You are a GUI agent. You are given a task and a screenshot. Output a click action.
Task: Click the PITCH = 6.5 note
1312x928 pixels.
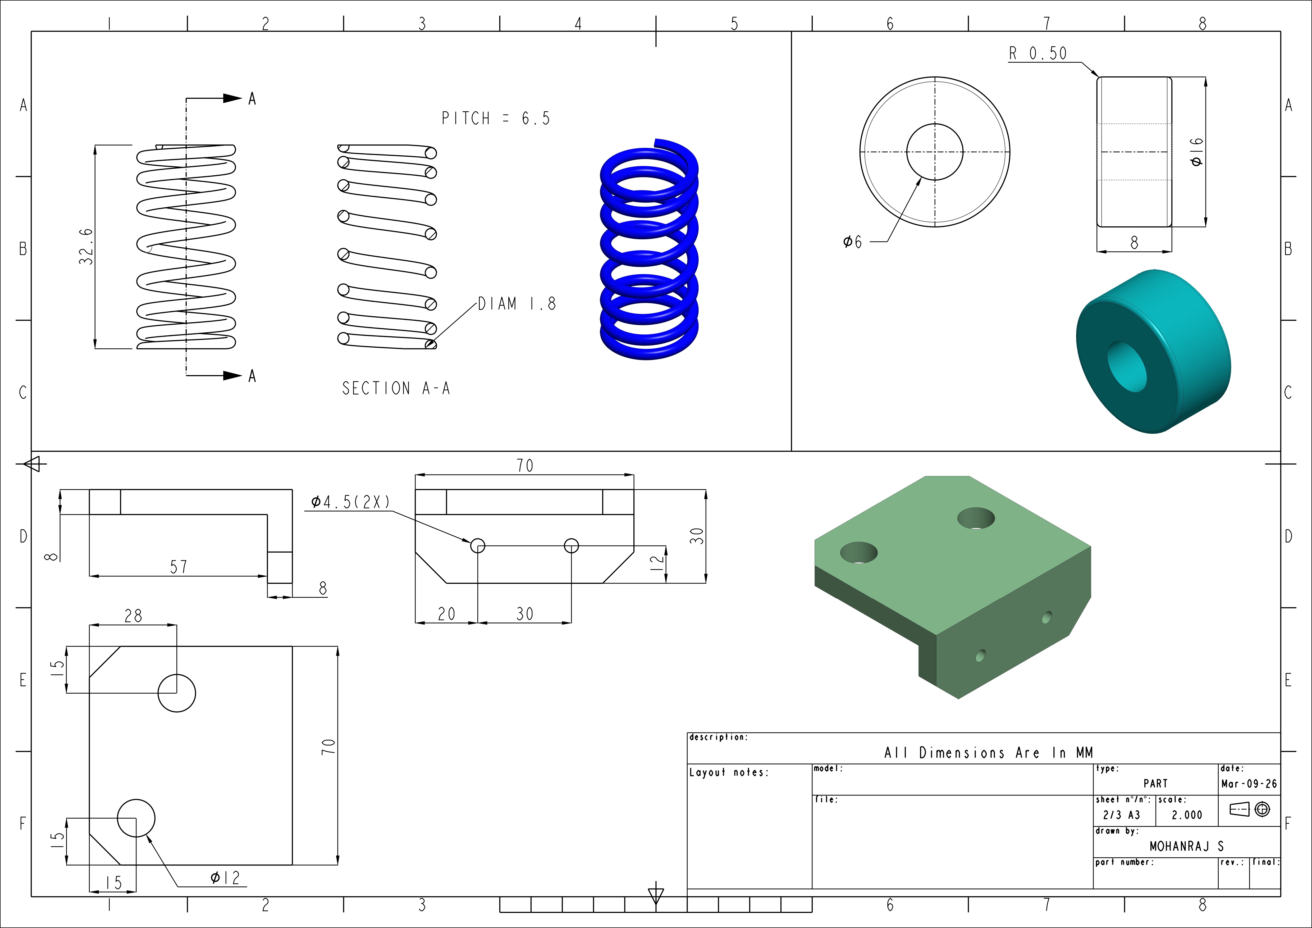coord(495,118)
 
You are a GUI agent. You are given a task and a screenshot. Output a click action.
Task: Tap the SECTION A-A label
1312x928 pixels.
coord(396,389)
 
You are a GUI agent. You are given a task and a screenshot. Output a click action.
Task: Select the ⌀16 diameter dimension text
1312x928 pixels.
coord(1197,152)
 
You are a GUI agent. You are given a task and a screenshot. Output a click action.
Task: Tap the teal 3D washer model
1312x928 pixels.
coord(1153,351)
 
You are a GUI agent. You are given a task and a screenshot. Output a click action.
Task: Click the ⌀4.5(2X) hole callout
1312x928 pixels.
coord(350,502)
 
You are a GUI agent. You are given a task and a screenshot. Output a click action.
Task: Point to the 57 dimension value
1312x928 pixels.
coord(178,567)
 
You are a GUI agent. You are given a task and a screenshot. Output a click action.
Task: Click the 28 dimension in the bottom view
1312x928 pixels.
coord(133,615)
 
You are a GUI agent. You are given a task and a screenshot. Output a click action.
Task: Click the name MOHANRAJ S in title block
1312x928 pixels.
coord(1186,846)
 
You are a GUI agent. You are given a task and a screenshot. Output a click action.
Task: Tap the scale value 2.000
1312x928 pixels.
coord(1187,815)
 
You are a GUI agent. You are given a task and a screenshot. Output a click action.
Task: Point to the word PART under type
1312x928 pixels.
coord(1155,783)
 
